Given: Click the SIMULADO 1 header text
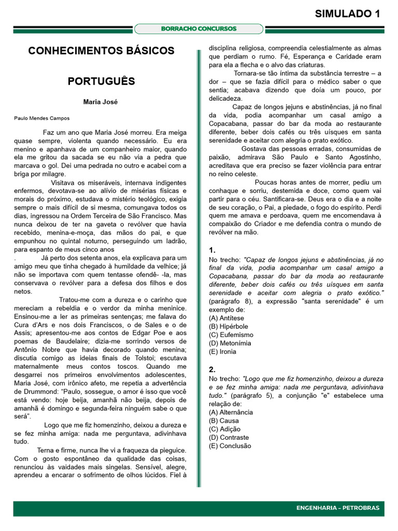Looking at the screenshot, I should [x=348, y=14].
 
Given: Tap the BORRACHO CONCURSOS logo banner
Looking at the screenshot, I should [x=199, y=29].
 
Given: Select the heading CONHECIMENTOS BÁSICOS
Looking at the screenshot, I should [x=101, y=51].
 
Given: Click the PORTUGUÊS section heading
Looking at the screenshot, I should [x=101, y=81].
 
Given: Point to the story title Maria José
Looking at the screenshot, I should [x=101, y=102].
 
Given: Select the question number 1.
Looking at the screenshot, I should [x=212, y=250].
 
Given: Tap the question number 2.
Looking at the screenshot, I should [x=212, y=370].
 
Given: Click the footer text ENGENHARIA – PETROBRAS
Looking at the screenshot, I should [x=338, y=508].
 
